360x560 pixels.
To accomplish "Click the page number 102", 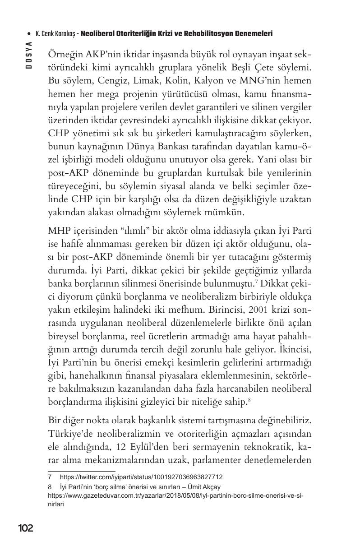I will [26, 528].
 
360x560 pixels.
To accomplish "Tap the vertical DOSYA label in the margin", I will [28, 54].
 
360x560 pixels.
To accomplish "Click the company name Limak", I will [147, 82].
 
